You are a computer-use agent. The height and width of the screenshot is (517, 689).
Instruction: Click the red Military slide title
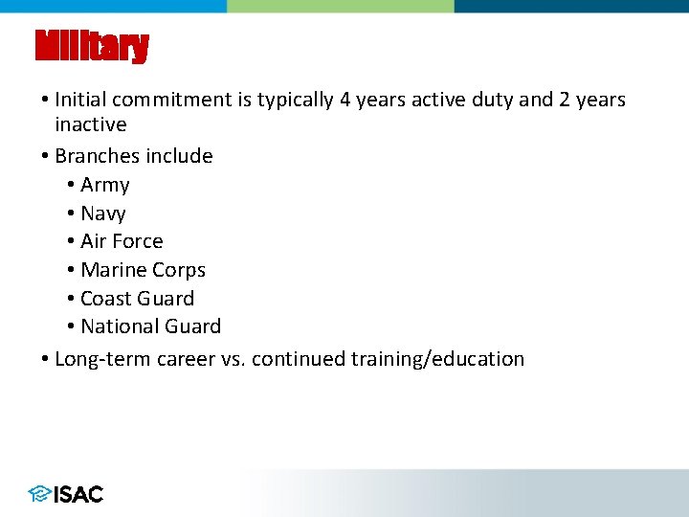tap(92, 46)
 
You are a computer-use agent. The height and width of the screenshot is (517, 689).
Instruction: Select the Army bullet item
tap(104, 185)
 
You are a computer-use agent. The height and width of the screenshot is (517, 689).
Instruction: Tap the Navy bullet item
tap(102, 214)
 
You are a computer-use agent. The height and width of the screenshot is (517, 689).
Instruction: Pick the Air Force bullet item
tap(122, 241)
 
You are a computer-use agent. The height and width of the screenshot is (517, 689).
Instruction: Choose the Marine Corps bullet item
tap(143, 270)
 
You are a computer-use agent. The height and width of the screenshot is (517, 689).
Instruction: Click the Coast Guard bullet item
tap(137, 299)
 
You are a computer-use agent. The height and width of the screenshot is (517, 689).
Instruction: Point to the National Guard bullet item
tap(150, 326)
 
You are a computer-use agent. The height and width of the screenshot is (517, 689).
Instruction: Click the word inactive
tap(90, 124)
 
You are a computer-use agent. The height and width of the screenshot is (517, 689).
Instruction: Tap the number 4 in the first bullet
tap(344, 100)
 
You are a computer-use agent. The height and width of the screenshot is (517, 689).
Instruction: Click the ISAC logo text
tap(78, 494)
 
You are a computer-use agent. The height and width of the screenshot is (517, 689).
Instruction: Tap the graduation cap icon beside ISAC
tap(39, 494)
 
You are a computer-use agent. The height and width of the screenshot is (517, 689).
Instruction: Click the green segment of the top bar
tap(341, 6)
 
